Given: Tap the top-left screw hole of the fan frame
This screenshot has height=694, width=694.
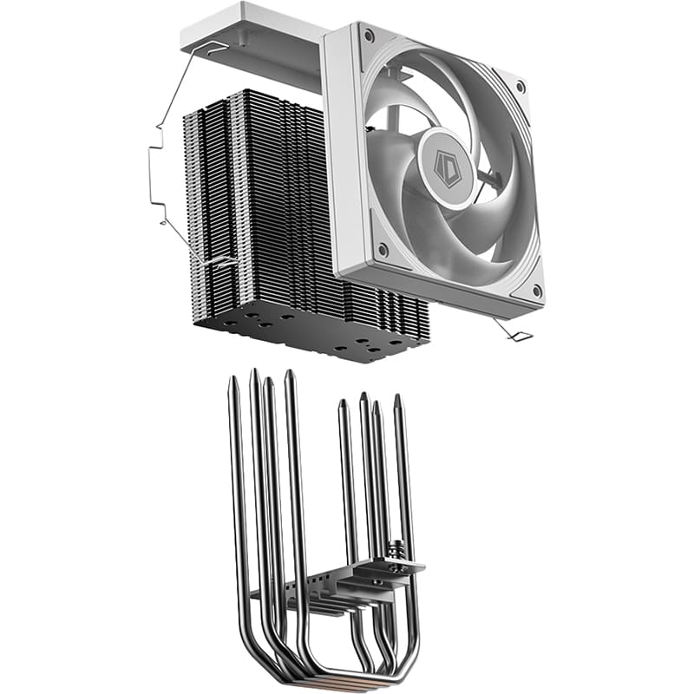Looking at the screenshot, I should pyautogui.click(x=369, y=36).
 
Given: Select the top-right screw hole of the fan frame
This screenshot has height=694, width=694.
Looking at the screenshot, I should pyautogui.click(x=520, y=87).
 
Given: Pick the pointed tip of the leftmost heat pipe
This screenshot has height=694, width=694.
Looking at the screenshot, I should pyautogui.click(x=232, y=383).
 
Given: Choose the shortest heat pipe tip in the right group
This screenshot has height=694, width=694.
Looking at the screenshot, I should pyautogui.click(x=343, y=404).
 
